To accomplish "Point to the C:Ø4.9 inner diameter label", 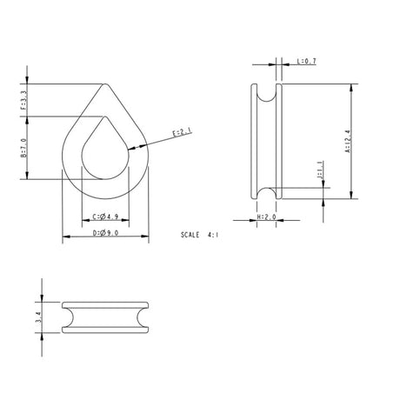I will (x=106, y=217).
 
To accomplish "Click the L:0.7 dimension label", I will (x=307, y=63).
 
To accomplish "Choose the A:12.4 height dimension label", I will (x=348, y=141).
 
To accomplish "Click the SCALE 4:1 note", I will (x=202, y=235).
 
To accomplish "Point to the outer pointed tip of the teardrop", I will (x=106, y=84).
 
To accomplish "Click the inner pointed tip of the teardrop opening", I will (x=106, y=117).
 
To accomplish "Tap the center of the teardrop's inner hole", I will (x=106, y=157).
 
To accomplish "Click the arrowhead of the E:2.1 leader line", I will (x=130, y=150).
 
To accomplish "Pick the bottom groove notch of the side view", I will (x=266, y=192).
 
